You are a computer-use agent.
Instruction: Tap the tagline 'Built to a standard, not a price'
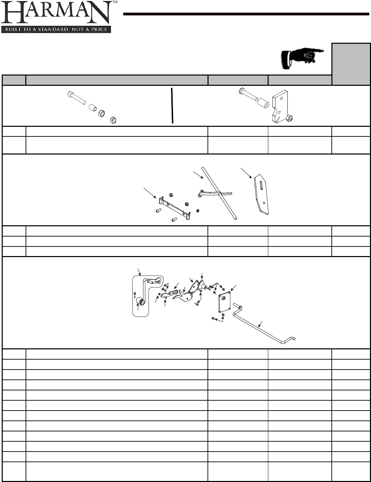[56, 29]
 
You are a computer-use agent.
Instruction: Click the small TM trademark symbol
[115, 2]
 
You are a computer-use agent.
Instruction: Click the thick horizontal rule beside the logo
[246, 14]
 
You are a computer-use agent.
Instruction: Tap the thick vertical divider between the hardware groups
[172, 105]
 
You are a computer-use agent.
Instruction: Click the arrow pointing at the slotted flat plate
[246, 173]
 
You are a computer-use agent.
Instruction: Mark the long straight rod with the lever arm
[218, 193]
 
